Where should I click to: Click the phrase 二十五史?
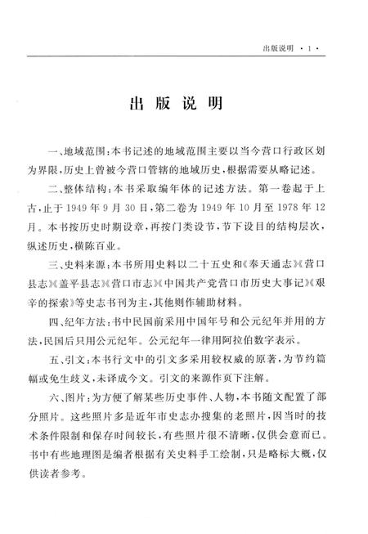click(x=181, y=260)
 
